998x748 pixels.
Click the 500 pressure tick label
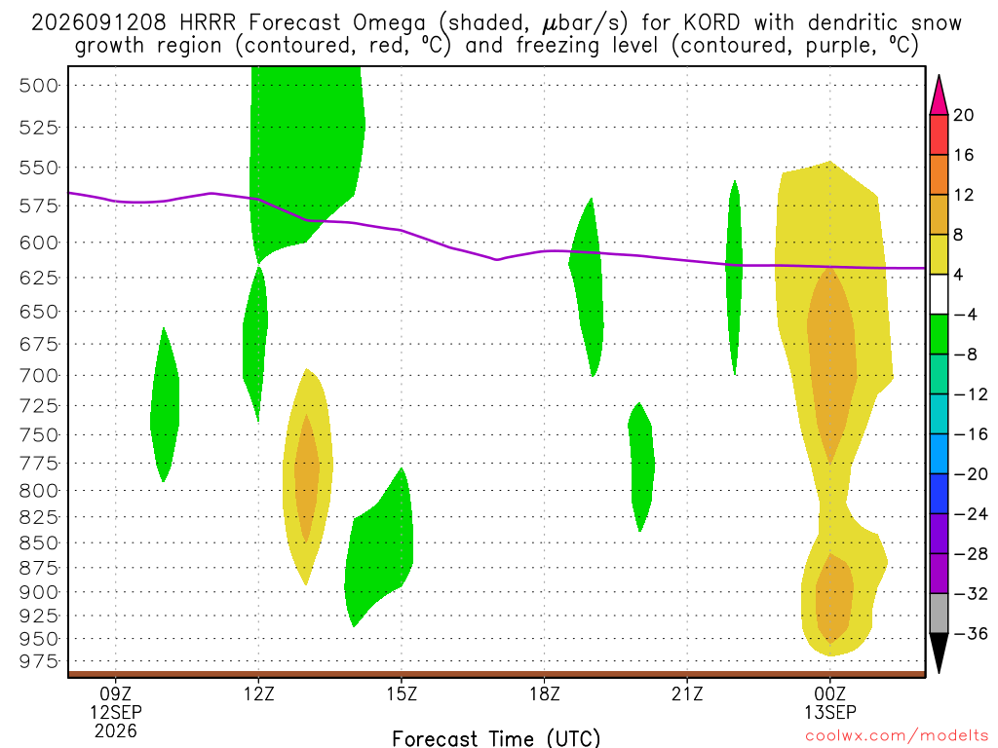39,86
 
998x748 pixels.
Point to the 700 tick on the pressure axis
39,376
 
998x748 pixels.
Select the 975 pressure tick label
39,662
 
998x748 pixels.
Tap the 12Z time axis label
258,693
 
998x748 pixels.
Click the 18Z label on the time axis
544,693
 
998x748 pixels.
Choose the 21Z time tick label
687,693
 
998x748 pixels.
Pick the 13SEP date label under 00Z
830,712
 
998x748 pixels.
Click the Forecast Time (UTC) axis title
496,738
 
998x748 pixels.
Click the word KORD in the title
711,23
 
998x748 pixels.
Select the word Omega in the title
389,23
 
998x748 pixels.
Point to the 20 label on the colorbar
963,115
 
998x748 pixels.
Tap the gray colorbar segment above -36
939,614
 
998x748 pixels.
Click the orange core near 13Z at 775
307,477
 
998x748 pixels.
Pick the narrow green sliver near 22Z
734,277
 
